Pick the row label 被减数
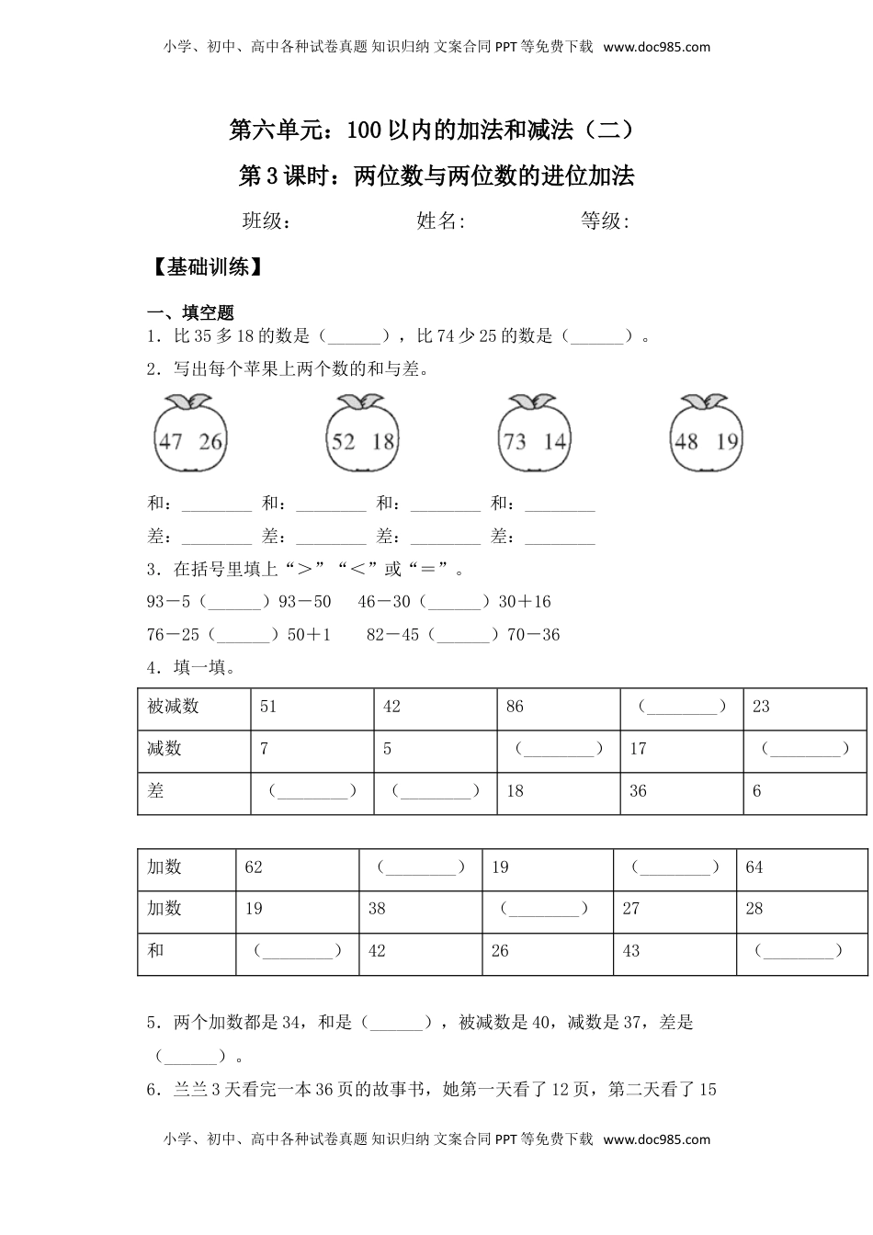[x=173, y=707]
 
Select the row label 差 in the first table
[x=156, y=790]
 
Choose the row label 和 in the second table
[x=156, y=951]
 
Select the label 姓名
[x=441, y=221]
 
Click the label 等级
[x=605, y=221]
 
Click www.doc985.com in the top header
[x=657, y=47]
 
